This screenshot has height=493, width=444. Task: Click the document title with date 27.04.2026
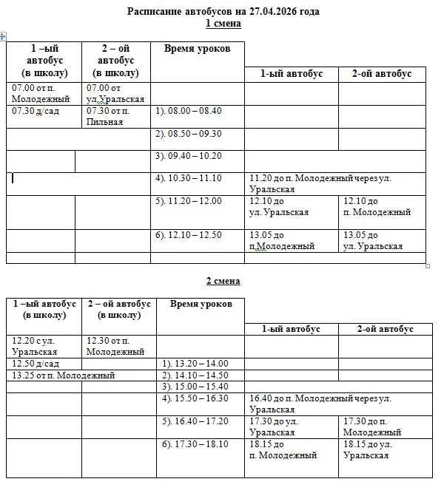(223, 12)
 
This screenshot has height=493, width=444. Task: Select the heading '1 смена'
(223, 24)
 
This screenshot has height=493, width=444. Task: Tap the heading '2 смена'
(223, 281)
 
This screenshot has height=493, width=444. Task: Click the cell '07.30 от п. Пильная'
(109, 116)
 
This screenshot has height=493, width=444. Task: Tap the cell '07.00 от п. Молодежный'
(41, 93)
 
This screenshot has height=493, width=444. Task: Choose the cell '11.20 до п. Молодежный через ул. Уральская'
(320, 183)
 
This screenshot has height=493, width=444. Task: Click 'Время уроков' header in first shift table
(197, 49)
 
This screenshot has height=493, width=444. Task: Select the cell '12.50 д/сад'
(36, 364)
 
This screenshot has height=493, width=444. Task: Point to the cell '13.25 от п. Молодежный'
(64, 375)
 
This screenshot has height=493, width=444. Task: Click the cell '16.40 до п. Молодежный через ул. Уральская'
(320, 404)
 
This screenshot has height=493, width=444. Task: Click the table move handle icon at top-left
(4, 36)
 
